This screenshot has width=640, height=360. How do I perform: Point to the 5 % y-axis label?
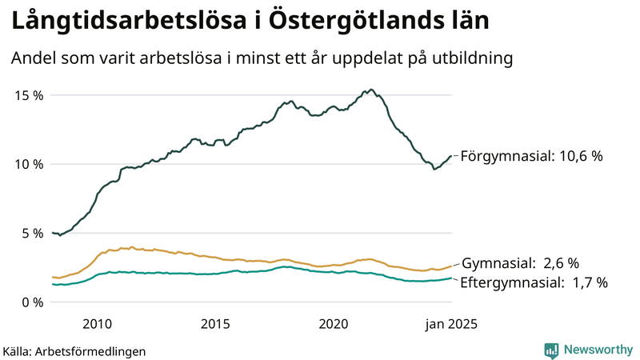(32, 234)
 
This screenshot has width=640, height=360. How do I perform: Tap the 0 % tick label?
(32, 302)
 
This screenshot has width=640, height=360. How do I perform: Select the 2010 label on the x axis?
(97, 323)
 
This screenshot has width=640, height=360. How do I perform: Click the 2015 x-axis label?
(215, 323)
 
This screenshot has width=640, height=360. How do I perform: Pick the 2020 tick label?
(334, 323)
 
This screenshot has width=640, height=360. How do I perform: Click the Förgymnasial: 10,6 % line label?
(531, 157)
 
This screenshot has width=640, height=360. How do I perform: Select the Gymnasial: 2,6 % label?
(520, 263)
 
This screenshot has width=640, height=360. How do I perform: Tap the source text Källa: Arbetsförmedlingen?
(74, 350)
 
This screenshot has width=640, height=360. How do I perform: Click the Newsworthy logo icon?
(551, 350)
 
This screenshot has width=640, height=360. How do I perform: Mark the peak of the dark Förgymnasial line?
(371, 90)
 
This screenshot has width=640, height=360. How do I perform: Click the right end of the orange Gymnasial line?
(452, 266)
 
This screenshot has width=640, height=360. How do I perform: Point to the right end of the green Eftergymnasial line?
(452, 278)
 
